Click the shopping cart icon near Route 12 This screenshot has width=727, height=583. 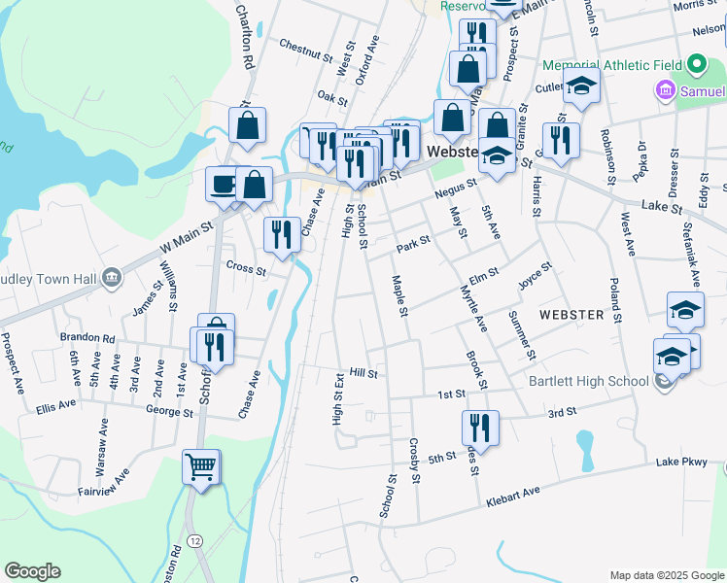[x=201, y=467]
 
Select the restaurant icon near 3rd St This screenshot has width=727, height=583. [x=480, y=426]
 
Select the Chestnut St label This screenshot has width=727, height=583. [x=305, y=45]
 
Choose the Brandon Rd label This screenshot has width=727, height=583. [x=87, y=338]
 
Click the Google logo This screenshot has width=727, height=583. [x=32, y=571]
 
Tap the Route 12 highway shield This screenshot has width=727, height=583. [x=195, y=540]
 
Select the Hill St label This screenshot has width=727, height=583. [x=363, y=372]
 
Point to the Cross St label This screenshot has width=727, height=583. [x=246, y=269]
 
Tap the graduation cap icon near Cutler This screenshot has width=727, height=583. [x=581, y=86]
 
